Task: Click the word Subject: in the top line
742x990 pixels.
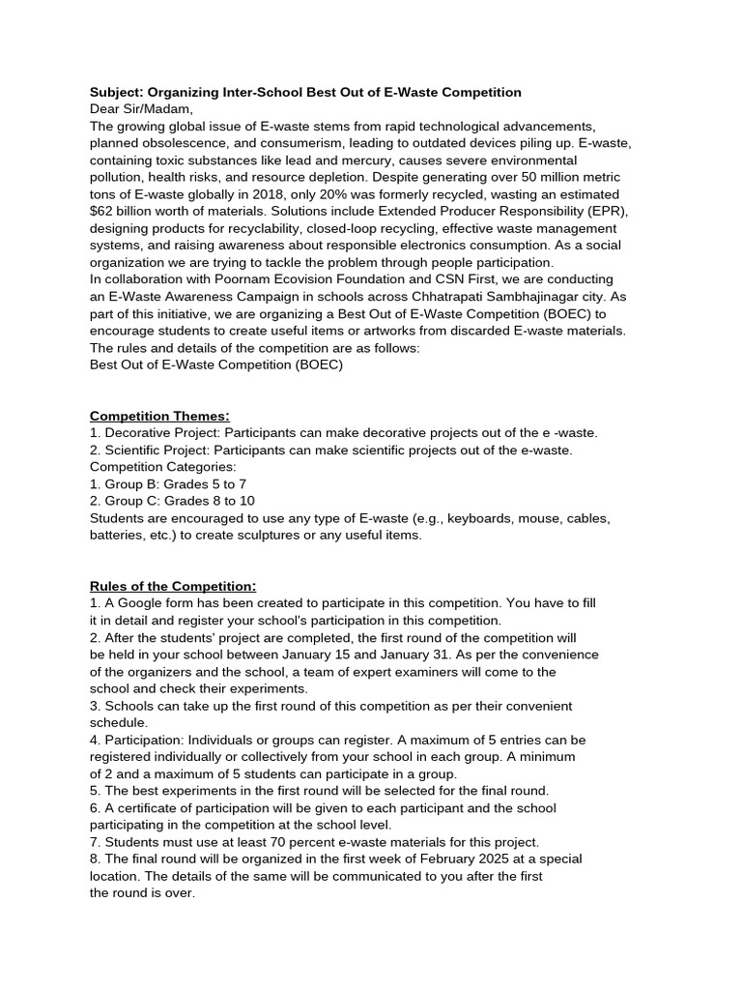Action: coord(119,92)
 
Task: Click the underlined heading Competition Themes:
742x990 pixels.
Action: coord(159,416)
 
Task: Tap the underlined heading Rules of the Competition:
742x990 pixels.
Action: coord(173,586)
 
